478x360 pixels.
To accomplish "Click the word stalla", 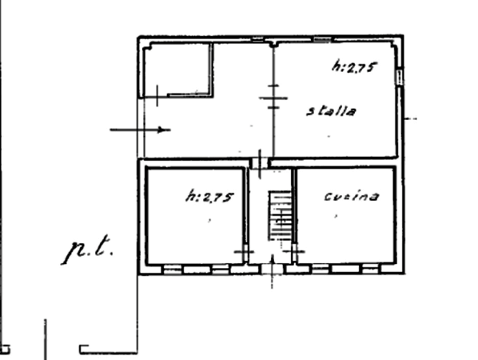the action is [331, 111].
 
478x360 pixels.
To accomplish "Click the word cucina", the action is [352, 196].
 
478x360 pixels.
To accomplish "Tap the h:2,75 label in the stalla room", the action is [355, 67].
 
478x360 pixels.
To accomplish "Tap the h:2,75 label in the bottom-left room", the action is [209, 197].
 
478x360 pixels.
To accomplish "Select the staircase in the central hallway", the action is [280, 216].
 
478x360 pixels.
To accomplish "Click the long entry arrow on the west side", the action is [140, 130].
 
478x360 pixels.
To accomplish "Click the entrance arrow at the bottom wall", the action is [273, 271].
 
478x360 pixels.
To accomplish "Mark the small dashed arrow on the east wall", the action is [410, 118].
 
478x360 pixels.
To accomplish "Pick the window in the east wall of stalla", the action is [400, 77].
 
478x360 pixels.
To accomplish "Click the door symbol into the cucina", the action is [294, 251].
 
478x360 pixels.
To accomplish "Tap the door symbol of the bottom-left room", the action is [244, 252].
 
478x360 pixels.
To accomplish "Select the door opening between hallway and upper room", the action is [260, 163].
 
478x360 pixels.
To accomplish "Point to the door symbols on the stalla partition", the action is [273, 98].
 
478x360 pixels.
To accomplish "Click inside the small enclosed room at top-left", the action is [177, 70].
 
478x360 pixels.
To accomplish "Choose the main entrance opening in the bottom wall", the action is [273, 270].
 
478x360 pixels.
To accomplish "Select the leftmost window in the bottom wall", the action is [173, 270].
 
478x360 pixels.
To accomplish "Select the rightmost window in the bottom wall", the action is [370, 269].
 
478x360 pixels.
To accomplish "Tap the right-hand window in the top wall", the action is [322, 39].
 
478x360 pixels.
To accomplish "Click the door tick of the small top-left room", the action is [157, 95].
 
